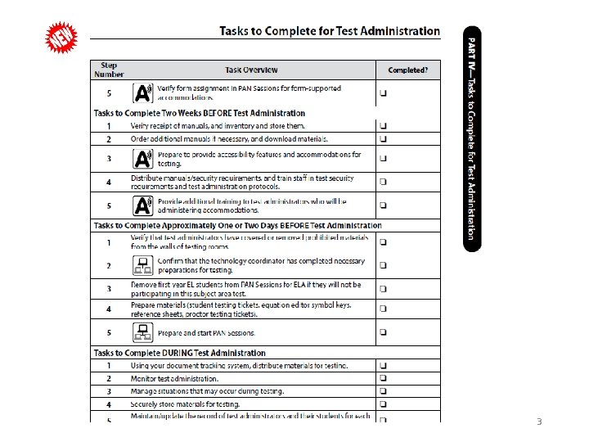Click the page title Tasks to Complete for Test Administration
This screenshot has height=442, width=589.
point(330,31)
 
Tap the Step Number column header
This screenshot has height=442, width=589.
point(109,70)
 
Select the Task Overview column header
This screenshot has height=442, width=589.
point(252,70)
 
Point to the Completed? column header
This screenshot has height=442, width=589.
point(407,70)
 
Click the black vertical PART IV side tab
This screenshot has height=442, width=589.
point(472,139)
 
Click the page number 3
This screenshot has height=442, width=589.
point(539,422)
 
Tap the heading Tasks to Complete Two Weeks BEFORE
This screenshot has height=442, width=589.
point(200,113)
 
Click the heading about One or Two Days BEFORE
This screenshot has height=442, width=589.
point(237,225)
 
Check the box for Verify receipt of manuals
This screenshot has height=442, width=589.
point(384,126)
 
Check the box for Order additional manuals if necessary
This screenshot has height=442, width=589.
point(384,139)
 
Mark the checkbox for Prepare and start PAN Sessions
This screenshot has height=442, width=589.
point(384,332)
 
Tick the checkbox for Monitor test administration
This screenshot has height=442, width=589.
point(384,378)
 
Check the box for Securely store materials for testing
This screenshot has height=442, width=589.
point(384,404)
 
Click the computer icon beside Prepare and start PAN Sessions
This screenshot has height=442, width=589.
point(141,332)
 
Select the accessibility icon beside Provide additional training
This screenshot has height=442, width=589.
point(142,205)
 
